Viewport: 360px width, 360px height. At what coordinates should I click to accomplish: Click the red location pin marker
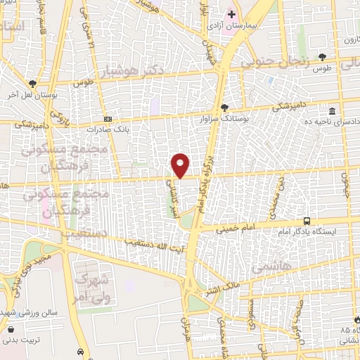pos(181,165)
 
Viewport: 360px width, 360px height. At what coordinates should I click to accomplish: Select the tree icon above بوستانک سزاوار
pos(224,108)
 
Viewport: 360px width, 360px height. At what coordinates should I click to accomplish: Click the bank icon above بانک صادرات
pos(108,120)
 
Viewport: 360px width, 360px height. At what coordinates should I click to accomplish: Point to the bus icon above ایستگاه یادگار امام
pos(306,220)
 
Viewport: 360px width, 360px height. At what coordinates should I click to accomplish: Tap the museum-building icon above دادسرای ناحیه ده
pos(331,111)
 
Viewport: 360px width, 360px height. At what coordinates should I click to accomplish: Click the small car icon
pos(81,352)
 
